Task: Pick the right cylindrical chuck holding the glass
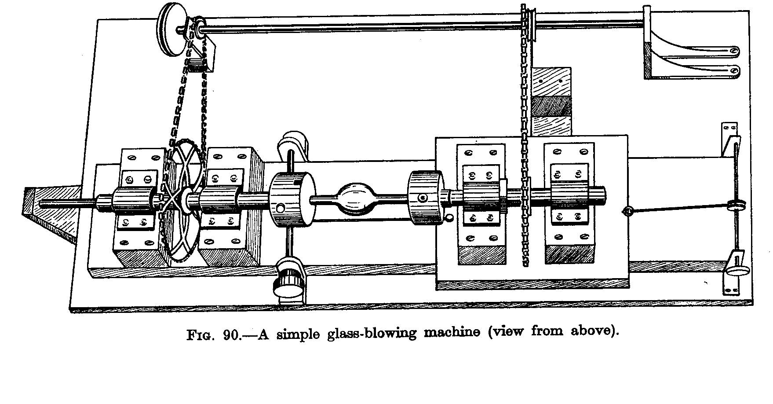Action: [425, 199]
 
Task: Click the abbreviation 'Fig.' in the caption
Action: [201, 336]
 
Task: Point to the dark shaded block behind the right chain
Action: [551, 107]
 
